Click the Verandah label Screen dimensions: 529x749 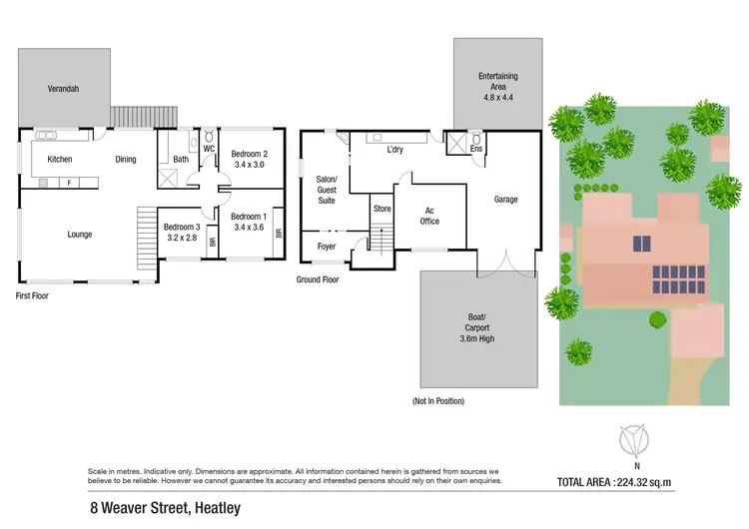(x=63, y=89)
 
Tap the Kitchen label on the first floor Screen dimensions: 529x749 (x=60, y=159)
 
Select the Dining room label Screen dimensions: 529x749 (x=126, y=159)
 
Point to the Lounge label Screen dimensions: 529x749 (x=80, y=235)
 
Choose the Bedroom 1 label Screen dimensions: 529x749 (x=248, y=217)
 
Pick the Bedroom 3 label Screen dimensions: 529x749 (x=181, y=228)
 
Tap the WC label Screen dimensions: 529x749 (x=209, y=149)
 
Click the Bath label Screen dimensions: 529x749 (x=181, y=159)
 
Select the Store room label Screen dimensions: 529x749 (x=381, y=209)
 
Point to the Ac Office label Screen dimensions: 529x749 (x=430, y=216)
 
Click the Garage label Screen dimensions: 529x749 (x=505, y=199)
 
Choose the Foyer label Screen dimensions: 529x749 (x=327, y=246)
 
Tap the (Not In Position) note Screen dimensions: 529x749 (x=438, y=400)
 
